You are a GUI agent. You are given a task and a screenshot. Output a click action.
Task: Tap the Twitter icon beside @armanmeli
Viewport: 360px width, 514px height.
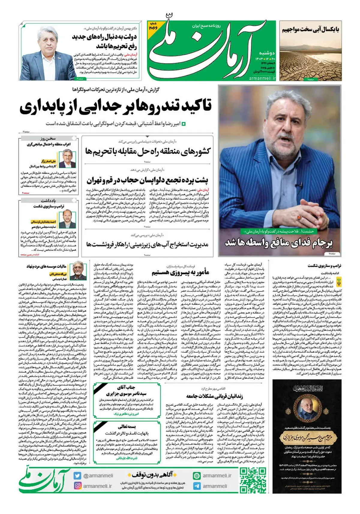point(77,476)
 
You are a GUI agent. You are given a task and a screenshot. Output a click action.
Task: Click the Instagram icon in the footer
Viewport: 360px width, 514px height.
point(77,486)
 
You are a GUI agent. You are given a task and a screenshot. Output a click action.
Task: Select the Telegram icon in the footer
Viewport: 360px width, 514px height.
point(197,486)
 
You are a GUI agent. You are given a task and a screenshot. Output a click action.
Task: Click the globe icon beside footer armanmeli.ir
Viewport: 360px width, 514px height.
point(197,476)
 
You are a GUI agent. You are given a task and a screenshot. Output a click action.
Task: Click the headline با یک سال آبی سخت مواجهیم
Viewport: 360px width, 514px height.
point(310,29)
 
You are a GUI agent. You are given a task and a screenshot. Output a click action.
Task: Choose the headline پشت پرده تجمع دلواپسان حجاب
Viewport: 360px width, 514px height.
point(148,180)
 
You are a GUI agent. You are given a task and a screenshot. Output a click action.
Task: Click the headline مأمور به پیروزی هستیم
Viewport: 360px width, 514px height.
point(180,272)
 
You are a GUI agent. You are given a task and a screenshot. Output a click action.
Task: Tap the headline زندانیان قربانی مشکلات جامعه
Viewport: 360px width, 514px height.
point(214,396)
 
